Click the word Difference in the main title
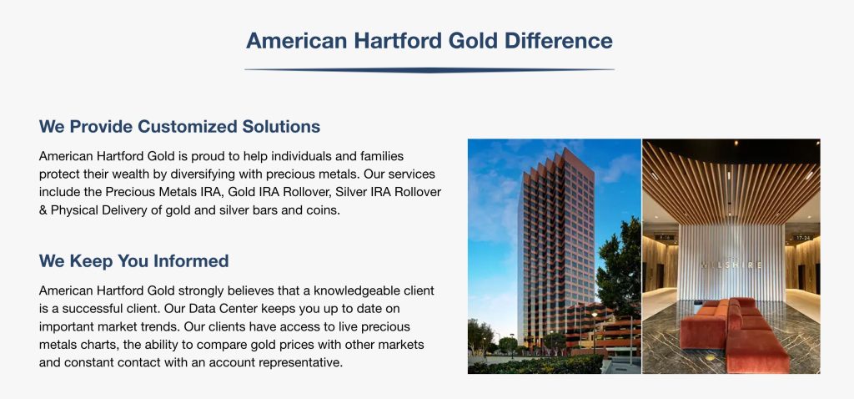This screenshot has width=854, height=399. click(558, 40)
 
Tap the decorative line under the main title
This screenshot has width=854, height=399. click(430, 70)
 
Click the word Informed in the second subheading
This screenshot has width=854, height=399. click(191, 261)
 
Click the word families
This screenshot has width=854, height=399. click(382, 156)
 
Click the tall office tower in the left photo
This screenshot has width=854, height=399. click(556, 245)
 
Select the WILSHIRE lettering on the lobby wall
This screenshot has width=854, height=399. click(731, 265)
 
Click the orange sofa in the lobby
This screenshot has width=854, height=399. click(733, 333)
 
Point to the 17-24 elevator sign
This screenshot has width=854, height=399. click(803, 238)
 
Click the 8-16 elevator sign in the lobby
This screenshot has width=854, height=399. click(665, 238)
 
